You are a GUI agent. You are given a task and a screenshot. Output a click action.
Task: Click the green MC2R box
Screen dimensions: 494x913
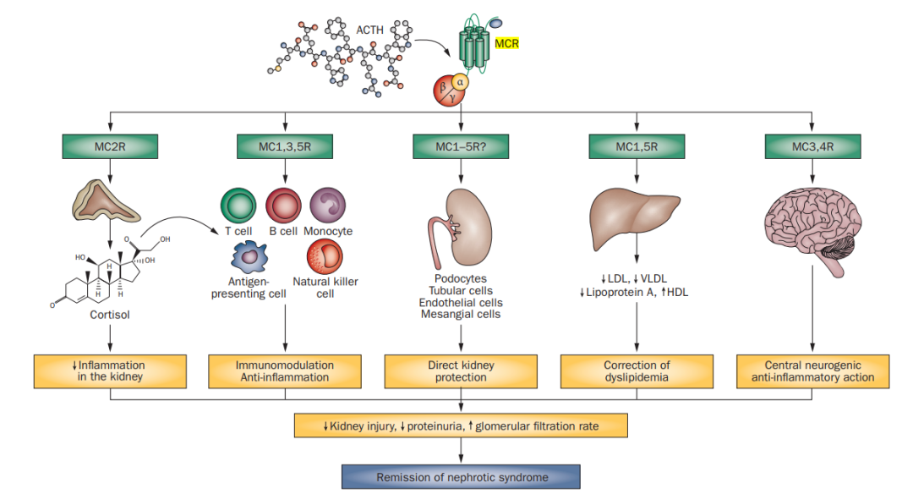pyautogui.click(x=110, y=146)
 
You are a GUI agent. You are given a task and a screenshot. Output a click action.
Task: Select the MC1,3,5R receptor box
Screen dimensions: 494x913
pyautogui.click(x=285, y=146)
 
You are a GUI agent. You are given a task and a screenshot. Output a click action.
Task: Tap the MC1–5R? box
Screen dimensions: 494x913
pyautogui.click(x=460, y=146)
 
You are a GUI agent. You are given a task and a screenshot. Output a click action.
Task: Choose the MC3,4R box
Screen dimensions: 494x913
pyautogui.click(x=812, y=146)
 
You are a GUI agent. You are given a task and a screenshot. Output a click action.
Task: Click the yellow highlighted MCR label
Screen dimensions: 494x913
pyautogui.click(x=506, y=42)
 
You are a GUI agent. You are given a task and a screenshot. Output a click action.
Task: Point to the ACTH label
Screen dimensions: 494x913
pyautogui.click(x=369, y=30)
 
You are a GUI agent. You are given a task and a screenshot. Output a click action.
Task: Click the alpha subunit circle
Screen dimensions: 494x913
pyautogui.click(x=460, y=82)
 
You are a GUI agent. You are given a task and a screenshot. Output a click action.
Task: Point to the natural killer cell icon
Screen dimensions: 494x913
pyautogui.click(x=324, y=256)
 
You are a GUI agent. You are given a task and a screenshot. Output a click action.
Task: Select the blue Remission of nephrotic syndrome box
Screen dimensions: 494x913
pyautogui.click(x=461, y=477)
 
